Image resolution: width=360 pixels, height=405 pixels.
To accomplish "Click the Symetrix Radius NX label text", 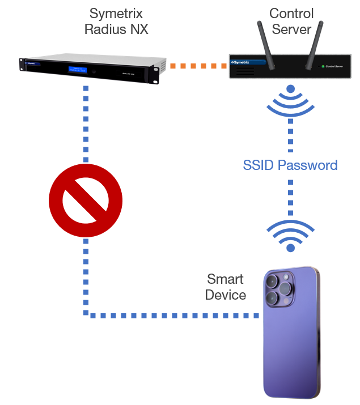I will click(x=116, y=22).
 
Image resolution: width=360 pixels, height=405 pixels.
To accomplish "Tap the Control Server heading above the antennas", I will click(x=291, y=22).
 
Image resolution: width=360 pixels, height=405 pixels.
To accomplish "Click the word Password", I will click(x=309, y=165).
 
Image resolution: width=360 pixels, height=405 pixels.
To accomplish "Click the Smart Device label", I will click(x=225, y=287).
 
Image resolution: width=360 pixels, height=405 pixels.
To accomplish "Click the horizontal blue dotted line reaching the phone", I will click(x=170, y=314).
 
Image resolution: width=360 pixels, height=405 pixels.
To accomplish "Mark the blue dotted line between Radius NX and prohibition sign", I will click(x=86, y=125).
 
